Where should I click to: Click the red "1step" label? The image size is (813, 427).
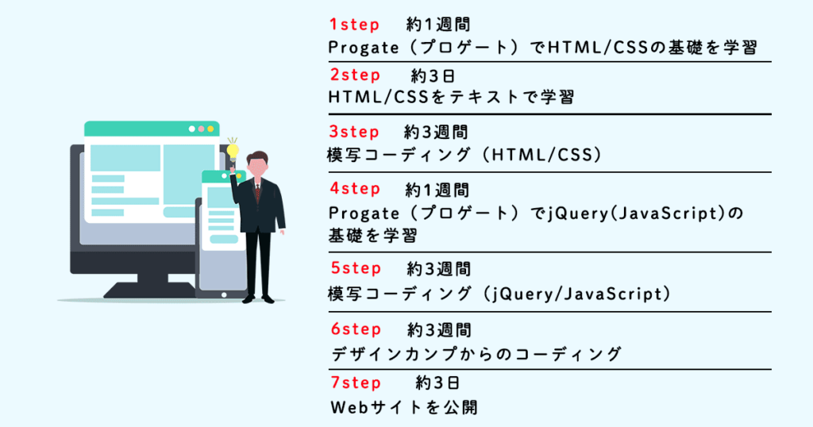[x=354, y=24]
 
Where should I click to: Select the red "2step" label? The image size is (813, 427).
[x=355, y=75]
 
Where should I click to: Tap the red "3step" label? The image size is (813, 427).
[x=354, y=132]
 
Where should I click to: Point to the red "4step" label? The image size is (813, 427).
[x=355, y=190]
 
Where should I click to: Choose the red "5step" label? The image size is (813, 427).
[x=355, y=269]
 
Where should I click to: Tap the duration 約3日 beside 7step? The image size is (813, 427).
[x=437, y=384]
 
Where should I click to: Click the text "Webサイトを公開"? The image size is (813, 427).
[x=403, y=408]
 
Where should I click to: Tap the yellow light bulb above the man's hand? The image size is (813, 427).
[x=233, y=148]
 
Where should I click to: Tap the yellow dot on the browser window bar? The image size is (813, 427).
[x=210, y=129]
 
